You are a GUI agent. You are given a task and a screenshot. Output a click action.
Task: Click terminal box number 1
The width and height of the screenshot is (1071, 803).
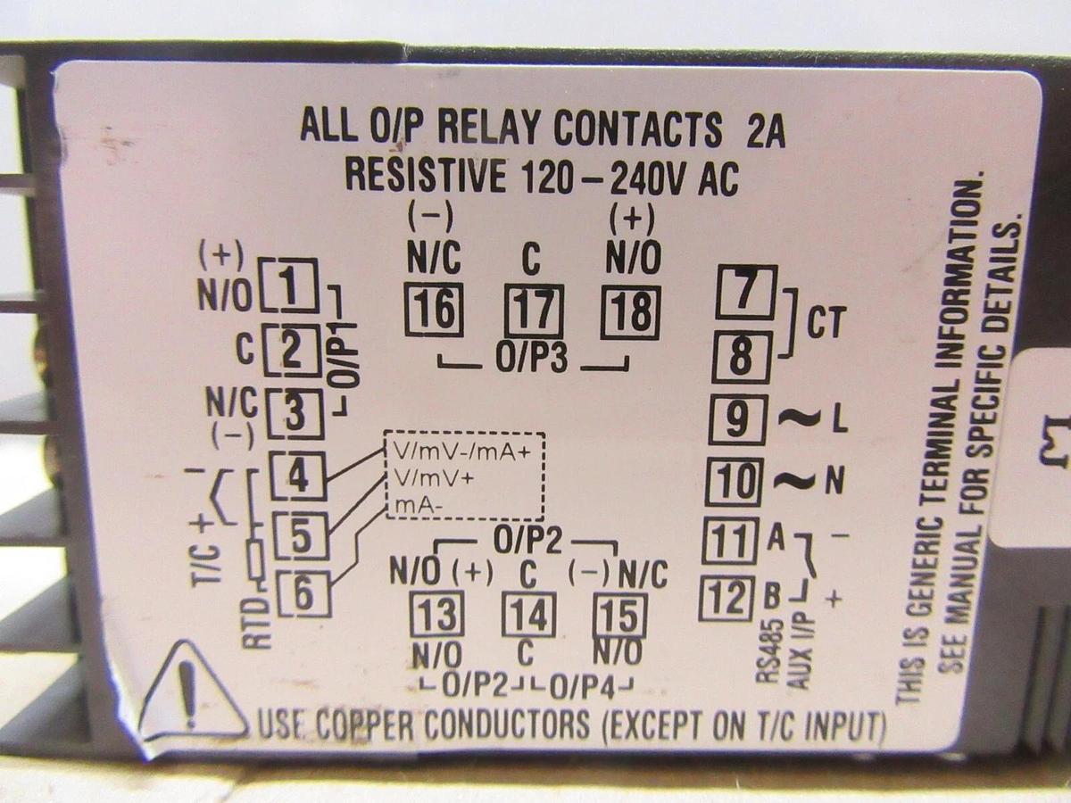[289, 284]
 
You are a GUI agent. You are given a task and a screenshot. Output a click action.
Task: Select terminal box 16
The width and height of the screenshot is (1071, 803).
[433, 311]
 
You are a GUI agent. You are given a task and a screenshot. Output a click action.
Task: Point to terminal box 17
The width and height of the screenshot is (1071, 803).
[534, 311]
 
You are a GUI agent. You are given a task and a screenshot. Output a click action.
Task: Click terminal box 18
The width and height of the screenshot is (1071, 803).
[631, 313]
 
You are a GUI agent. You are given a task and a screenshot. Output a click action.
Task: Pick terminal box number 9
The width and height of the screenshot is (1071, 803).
[738, 419]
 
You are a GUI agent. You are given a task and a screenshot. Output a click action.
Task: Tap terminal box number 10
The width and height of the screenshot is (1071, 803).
[737, 482]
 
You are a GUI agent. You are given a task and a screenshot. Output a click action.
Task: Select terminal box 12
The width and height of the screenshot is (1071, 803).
[730, 598]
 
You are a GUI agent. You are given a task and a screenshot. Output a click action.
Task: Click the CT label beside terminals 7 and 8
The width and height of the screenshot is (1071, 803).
[825, 325]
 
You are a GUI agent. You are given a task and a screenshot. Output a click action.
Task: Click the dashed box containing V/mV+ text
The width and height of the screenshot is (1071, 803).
[463, 476]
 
